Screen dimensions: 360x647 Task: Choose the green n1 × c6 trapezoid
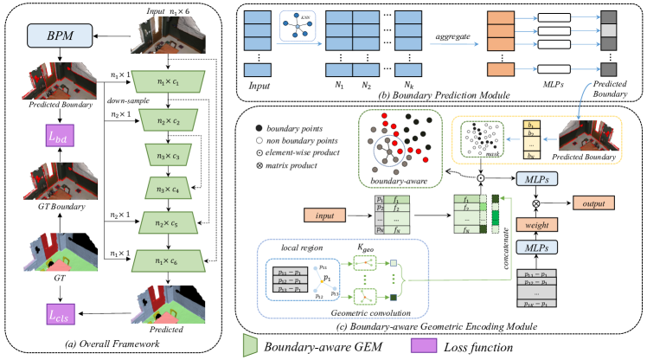tap(168, 260)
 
